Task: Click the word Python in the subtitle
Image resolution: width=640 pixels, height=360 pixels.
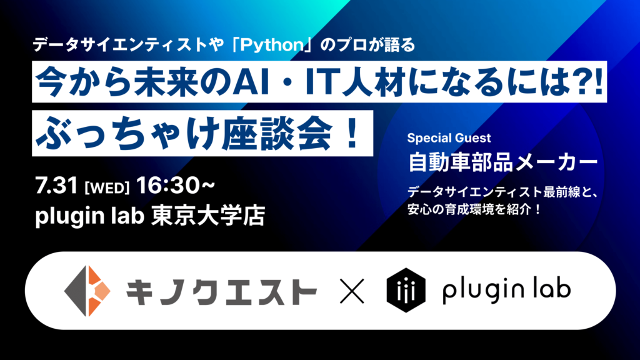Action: point(272,45)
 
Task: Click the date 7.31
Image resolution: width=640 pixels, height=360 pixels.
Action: point(56,186)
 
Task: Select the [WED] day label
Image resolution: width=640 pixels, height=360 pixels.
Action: point(107,188)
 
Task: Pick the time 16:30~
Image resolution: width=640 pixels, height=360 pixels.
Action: point(176,186)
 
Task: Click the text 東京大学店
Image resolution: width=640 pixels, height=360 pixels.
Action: point(208,216)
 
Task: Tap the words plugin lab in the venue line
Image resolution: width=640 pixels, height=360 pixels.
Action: point(90,216)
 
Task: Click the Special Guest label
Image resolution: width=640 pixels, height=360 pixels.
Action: point(449,138)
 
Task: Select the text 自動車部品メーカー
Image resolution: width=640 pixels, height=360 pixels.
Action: point(502,162)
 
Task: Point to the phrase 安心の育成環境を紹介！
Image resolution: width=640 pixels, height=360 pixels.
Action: point(474,209)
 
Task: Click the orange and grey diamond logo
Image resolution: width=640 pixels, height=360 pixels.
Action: point(87,291)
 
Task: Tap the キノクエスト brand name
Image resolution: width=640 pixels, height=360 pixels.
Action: point(221,291)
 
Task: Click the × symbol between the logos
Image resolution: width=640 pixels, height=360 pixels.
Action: point(352,291)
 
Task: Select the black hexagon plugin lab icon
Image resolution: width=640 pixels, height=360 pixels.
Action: point(406,290)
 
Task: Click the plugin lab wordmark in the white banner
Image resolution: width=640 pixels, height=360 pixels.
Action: point(506,290)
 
